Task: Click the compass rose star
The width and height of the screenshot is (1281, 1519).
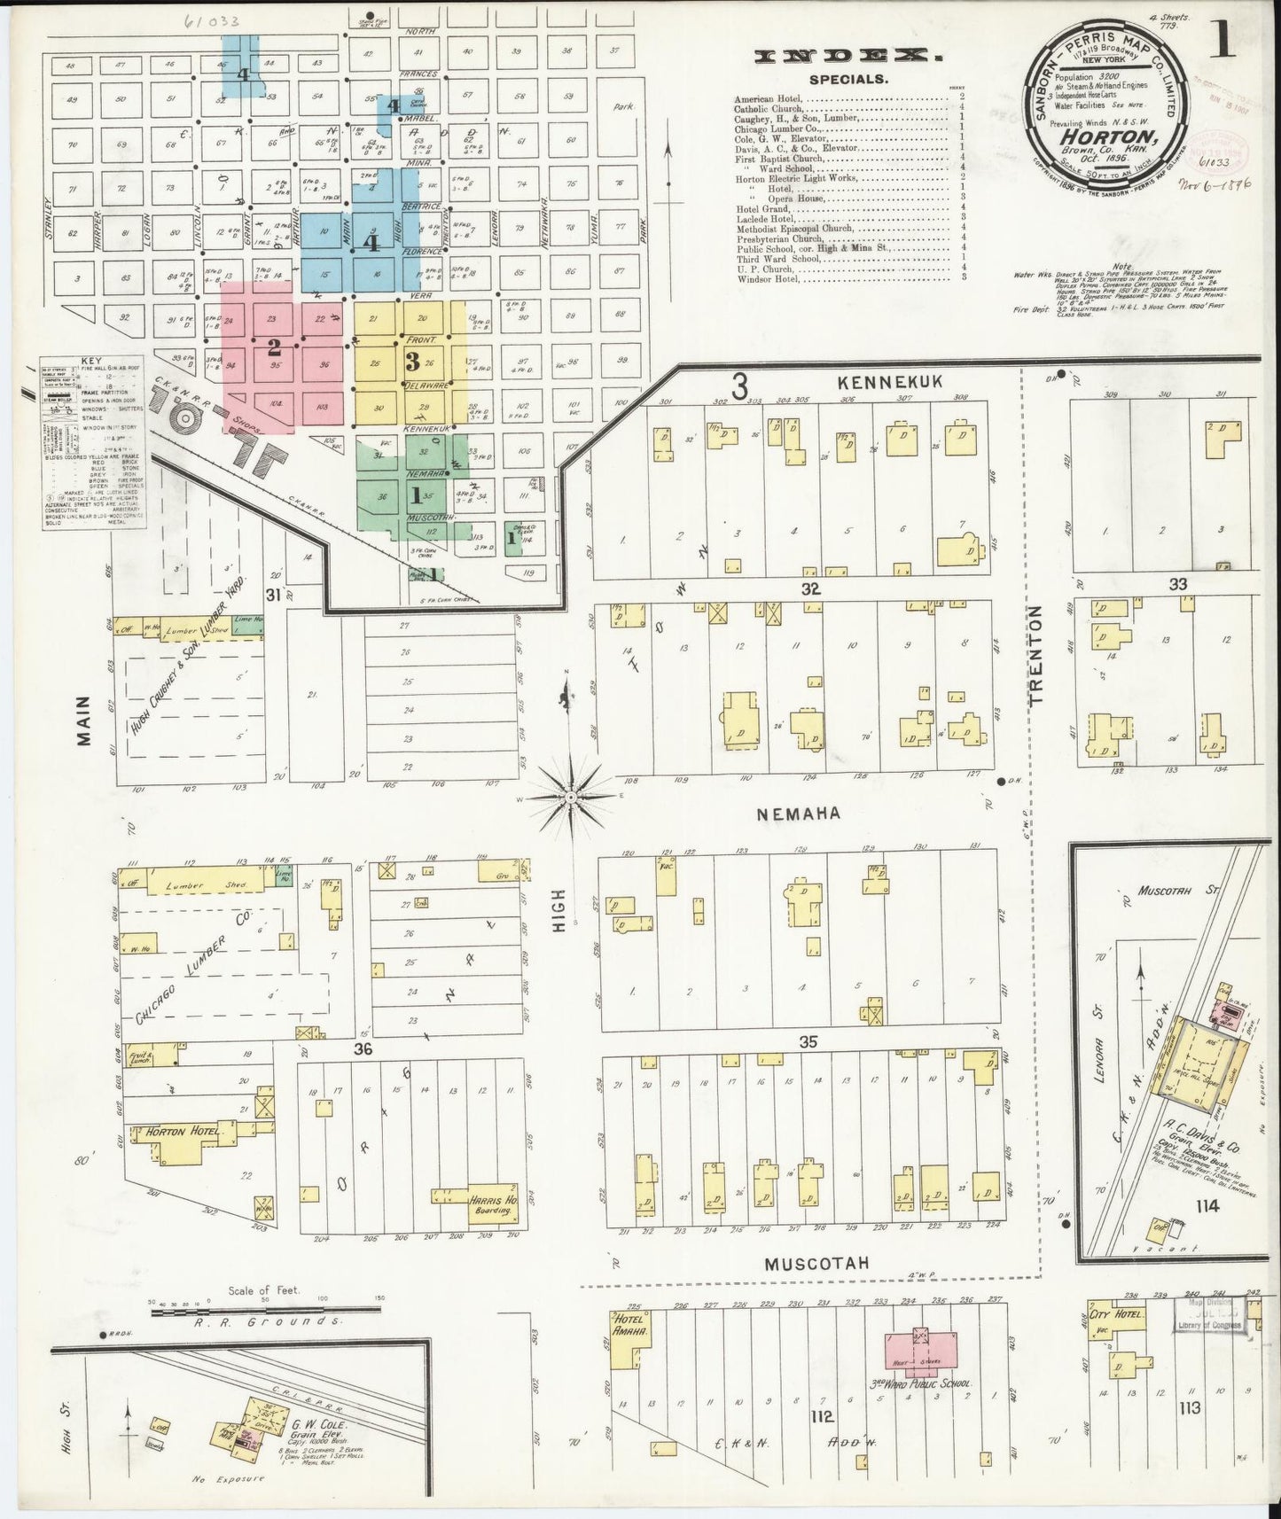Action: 571,798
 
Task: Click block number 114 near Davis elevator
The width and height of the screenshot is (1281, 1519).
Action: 1207,1205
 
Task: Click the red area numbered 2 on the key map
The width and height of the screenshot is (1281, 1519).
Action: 275,346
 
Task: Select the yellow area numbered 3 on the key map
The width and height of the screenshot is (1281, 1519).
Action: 411,361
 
